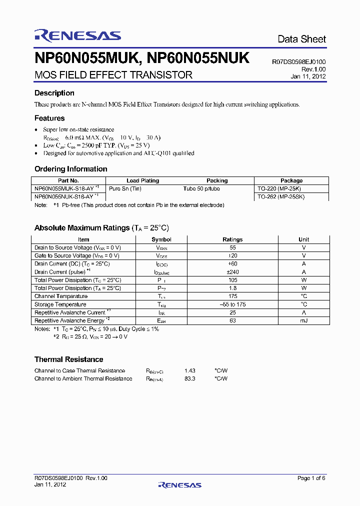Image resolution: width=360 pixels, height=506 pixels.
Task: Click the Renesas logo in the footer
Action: coord(179,484)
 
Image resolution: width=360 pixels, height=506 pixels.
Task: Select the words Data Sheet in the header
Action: coord(301,39)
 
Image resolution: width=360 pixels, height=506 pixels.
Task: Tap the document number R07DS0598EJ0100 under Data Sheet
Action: coord(298,62)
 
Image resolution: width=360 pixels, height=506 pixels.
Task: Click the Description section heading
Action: coord(54,93)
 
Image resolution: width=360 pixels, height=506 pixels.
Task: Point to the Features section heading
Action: coord(49,118)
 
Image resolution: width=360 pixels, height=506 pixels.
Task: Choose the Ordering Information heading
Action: coord(70,169)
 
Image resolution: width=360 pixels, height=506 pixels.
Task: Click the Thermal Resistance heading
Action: coord(68,359)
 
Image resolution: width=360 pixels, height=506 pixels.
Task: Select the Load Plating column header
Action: coord(142,180)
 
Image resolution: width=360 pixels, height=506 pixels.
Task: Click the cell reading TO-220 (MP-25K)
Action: coord(280,188)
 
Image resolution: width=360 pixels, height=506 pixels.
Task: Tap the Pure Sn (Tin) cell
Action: coord(125,188)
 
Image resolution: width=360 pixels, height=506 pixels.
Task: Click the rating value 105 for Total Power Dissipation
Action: coord(232,280)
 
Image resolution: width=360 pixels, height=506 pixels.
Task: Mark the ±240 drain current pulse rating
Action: coord(232,272)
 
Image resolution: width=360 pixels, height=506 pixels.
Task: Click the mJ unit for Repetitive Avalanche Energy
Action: coord(304,320)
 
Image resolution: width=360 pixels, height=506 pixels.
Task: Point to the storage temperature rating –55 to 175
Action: coord(232,304)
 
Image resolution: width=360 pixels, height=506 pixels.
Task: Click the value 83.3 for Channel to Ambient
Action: coord(189,378)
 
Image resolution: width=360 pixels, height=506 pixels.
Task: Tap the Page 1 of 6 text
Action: coord(311,478)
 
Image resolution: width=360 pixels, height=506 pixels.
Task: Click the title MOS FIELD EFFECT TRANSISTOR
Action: coord(113,75)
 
